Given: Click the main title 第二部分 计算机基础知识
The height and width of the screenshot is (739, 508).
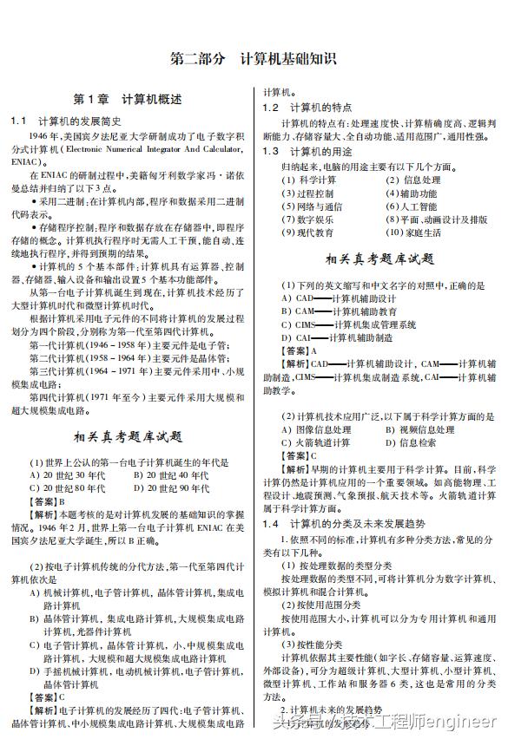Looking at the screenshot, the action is tap(254, 60).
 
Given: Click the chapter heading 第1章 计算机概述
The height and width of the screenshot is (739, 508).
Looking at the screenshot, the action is tap(128, 99).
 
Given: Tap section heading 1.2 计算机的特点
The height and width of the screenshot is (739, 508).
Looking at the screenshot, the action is tap(309, 108).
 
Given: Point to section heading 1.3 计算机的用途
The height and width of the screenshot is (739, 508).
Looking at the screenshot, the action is tap(309, 151).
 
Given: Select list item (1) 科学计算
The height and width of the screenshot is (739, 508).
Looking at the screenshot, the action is tap(309, 180).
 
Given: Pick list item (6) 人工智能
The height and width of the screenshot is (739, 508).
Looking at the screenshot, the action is tap(412, 206).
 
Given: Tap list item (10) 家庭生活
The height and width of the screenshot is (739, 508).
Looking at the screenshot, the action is tap(414, 232).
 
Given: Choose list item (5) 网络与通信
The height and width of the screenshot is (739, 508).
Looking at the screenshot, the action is tap(313, 206).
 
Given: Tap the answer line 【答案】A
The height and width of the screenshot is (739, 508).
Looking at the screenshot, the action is tap(300, 350).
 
